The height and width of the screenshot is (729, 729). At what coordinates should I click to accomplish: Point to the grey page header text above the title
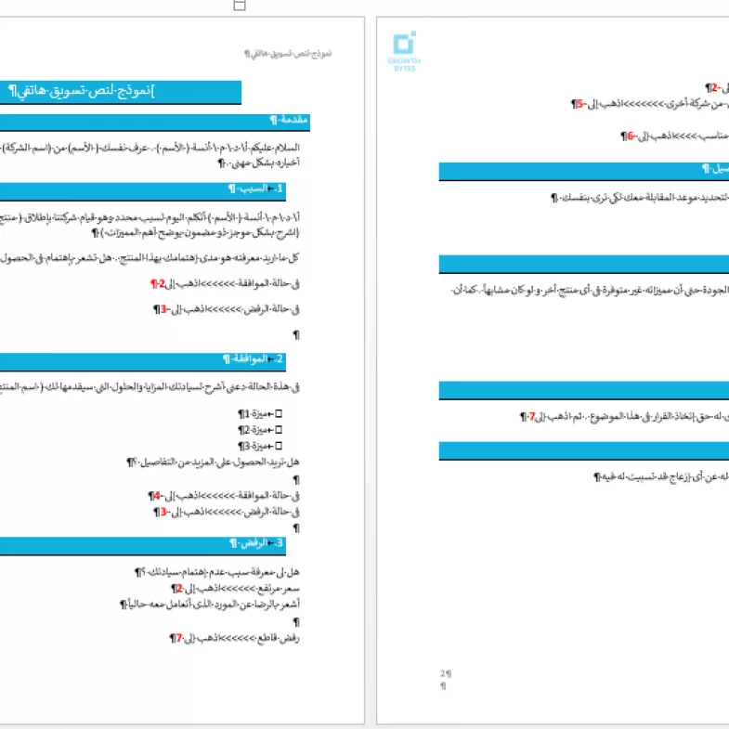coord(291,55)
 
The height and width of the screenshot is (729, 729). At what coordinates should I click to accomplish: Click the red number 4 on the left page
coord(157,495)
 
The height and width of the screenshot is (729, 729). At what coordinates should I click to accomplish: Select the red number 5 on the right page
coord(578,104)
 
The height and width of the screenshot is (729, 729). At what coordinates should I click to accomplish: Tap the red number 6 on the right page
coord(630,136)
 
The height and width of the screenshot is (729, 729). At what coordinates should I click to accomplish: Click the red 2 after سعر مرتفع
coord(177,588)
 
